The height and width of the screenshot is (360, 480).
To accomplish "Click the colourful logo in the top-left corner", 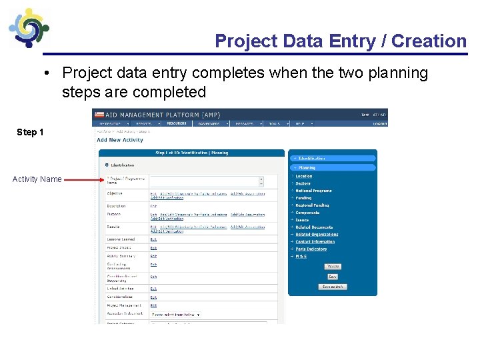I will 28,28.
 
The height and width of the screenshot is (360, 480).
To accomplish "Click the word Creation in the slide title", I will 429,41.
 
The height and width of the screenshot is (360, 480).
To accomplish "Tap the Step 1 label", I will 31,132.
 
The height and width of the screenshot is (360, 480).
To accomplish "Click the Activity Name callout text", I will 37,179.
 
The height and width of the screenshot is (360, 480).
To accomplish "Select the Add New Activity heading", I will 120,140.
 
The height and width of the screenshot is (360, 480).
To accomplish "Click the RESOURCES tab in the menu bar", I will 177,123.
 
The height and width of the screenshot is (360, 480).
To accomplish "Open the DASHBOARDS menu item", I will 211,123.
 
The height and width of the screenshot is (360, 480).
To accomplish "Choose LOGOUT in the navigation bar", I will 380,123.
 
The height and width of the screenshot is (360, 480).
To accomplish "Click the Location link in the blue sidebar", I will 304,176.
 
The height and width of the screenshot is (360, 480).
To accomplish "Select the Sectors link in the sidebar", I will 303,183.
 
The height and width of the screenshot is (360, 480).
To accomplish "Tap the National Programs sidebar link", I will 313,191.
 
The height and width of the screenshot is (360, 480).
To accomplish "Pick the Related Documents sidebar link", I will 314,227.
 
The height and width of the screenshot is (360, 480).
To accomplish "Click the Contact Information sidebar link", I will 315,242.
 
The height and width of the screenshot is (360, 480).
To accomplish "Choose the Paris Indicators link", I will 311,249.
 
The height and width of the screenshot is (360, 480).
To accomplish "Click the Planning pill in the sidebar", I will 307,167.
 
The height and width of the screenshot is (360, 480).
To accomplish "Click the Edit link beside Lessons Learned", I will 153,239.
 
